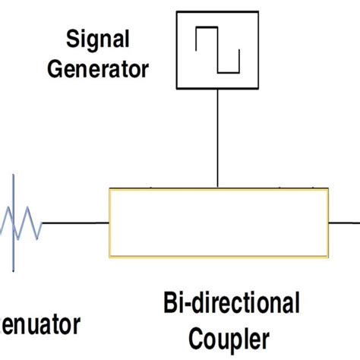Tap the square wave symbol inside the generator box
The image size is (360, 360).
point(218,50)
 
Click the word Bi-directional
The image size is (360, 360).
point(231,305)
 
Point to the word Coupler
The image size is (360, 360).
point(231,336)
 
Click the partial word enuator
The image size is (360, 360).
point(39,326)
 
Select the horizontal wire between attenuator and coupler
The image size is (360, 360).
point(75,224)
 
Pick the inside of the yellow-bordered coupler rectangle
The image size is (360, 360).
point(219,224)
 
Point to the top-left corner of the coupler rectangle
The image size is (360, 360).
point(110,190)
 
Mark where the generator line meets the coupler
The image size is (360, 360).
point(219,188)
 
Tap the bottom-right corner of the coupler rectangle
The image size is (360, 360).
point(328,258)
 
